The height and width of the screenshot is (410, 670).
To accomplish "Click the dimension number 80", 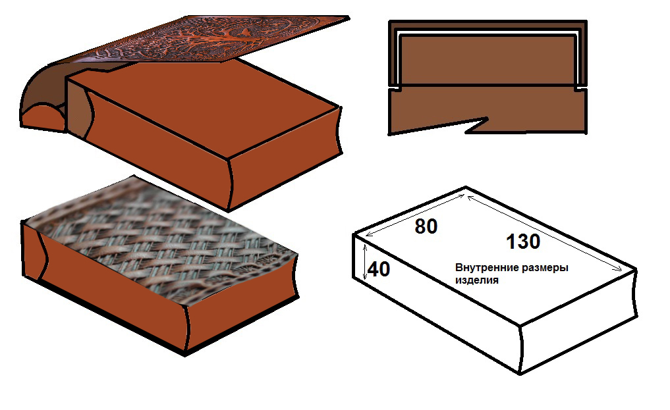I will [426, 226].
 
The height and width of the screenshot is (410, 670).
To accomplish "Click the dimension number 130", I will [523, 242].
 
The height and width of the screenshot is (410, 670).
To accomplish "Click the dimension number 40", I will [378, 269].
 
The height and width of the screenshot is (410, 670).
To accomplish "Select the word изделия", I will [476, 280].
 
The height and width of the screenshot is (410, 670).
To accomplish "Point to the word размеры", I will [544, 268].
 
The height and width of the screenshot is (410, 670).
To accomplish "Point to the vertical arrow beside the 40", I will [364, 259].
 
